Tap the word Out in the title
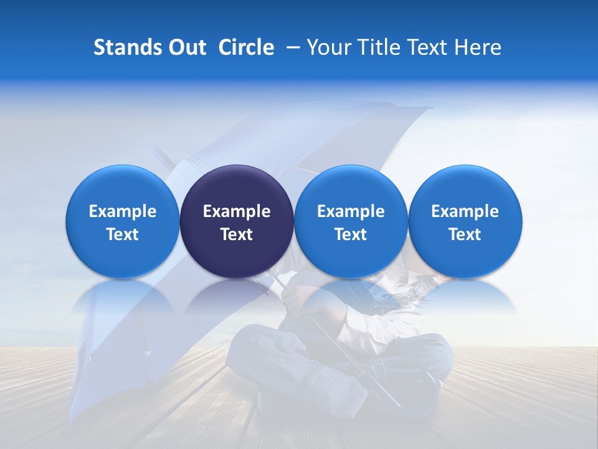[x=185, y=47]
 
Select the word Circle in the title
[x=246, y=47]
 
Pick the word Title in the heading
[x=381, y=47]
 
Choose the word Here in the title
[x=478, y=47]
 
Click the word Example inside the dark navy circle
[x=237, y=211]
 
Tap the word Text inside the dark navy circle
[x=237, y=234]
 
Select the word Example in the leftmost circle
[x=123, y=211]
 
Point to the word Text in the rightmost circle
[x=465, y=234]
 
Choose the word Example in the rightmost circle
[x=465, y=211]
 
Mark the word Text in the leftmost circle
[x=123, y=234]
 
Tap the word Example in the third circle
[x=351, y=211]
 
